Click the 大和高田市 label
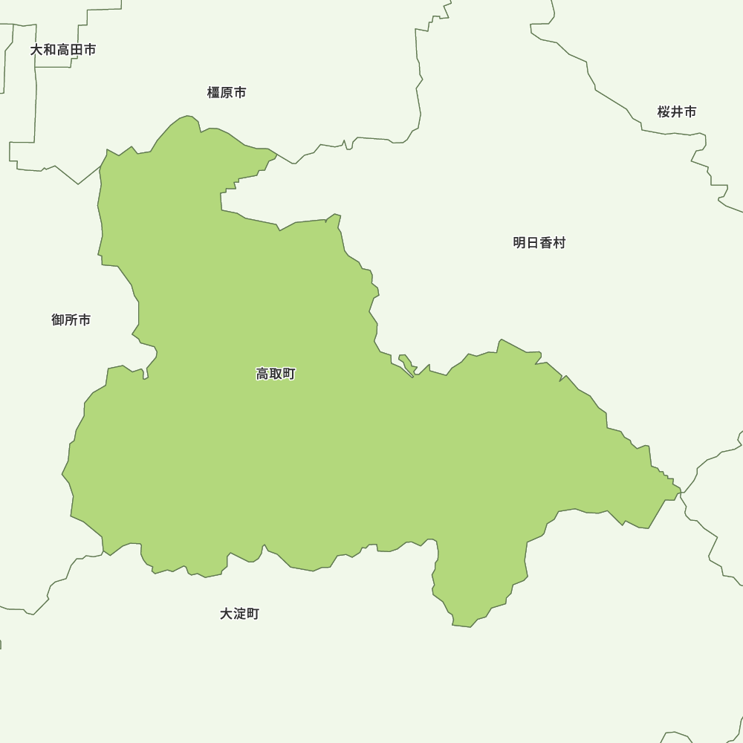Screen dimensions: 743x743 [x=63, y=50]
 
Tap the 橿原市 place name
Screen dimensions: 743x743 [x=227, y=93]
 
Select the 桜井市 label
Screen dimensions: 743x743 [x=677, y=112]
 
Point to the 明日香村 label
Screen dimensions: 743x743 [x=539, y=243]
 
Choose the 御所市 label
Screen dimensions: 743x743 [x=71, y=320]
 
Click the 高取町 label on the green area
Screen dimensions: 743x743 [x=276, y=374]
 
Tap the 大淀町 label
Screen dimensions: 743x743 [x=240, y=614]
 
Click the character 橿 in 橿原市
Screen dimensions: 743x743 [x=214, y=93]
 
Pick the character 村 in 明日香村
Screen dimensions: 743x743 [x=559, y=243]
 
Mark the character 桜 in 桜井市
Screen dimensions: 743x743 [x=663, y=112]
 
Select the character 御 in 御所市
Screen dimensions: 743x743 [x=58, y=320]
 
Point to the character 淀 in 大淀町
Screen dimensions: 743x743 [x=240, y=614]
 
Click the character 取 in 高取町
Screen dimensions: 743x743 [x=276, y=374]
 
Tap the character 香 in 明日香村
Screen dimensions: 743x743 [x=546, y=243]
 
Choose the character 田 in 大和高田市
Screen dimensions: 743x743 [x=77, y=50]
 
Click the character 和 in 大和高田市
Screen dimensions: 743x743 [x=50, y=50]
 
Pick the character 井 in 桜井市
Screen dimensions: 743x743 [x=677, y=112]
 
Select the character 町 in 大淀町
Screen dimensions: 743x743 [x=253, y=614]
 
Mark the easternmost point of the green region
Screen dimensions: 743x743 [x=681, y=491]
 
